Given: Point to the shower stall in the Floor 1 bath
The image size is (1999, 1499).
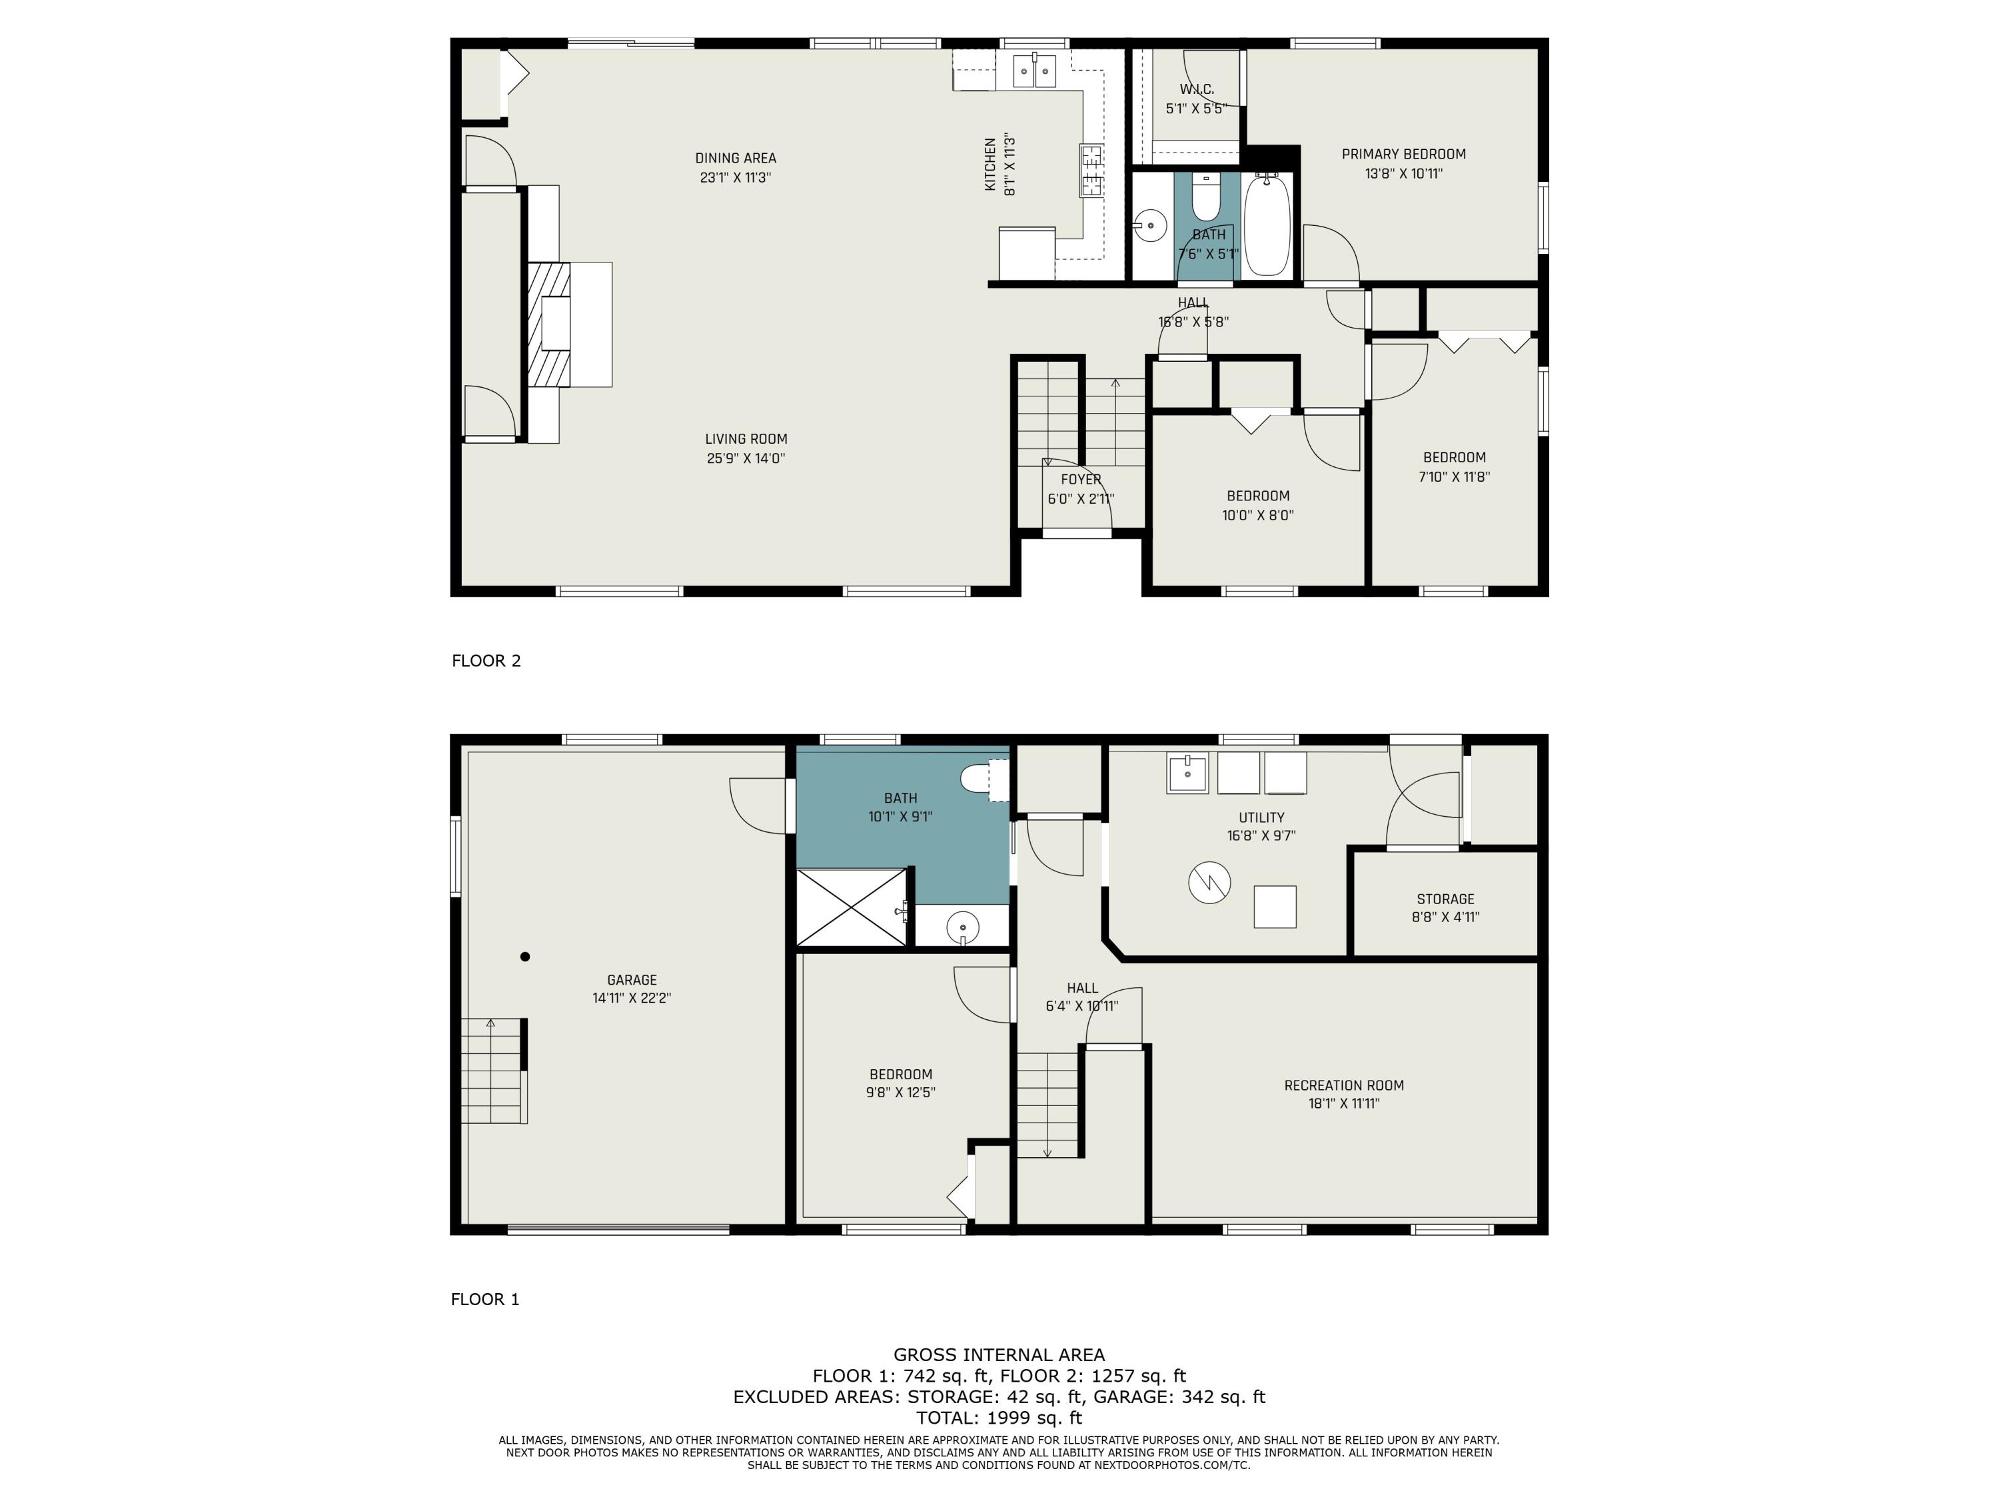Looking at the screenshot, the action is tap(852, 907).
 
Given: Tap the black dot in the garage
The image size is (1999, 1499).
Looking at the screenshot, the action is tap(525, 957).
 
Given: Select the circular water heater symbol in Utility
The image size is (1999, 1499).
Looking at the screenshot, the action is tap(1209, 883).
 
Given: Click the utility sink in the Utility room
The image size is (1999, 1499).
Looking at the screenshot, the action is tap(1187, 773).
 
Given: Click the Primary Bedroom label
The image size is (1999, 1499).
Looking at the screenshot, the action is tap(1403, 155).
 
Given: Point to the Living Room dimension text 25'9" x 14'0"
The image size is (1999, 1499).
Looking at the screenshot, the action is tap(746, 458).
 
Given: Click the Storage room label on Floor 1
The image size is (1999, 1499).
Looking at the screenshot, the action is tap(1445, 899).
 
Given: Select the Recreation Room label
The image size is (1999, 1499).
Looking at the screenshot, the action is tap(1344, 1085).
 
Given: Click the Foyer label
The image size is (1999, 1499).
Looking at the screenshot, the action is tap(1081, 480).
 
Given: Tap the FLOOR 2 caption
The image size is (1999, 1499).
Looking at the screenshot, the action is tap(486, 660).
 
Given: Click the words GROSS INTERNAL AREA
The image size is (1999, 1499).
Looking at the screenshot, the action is tap(999, 1354).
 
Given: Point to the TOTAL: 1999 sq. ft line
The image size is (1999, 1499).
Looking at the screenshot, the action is tap(999, 1418).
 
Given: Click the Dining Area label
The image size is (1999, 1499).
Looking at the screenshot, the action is tap(736, 158).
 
